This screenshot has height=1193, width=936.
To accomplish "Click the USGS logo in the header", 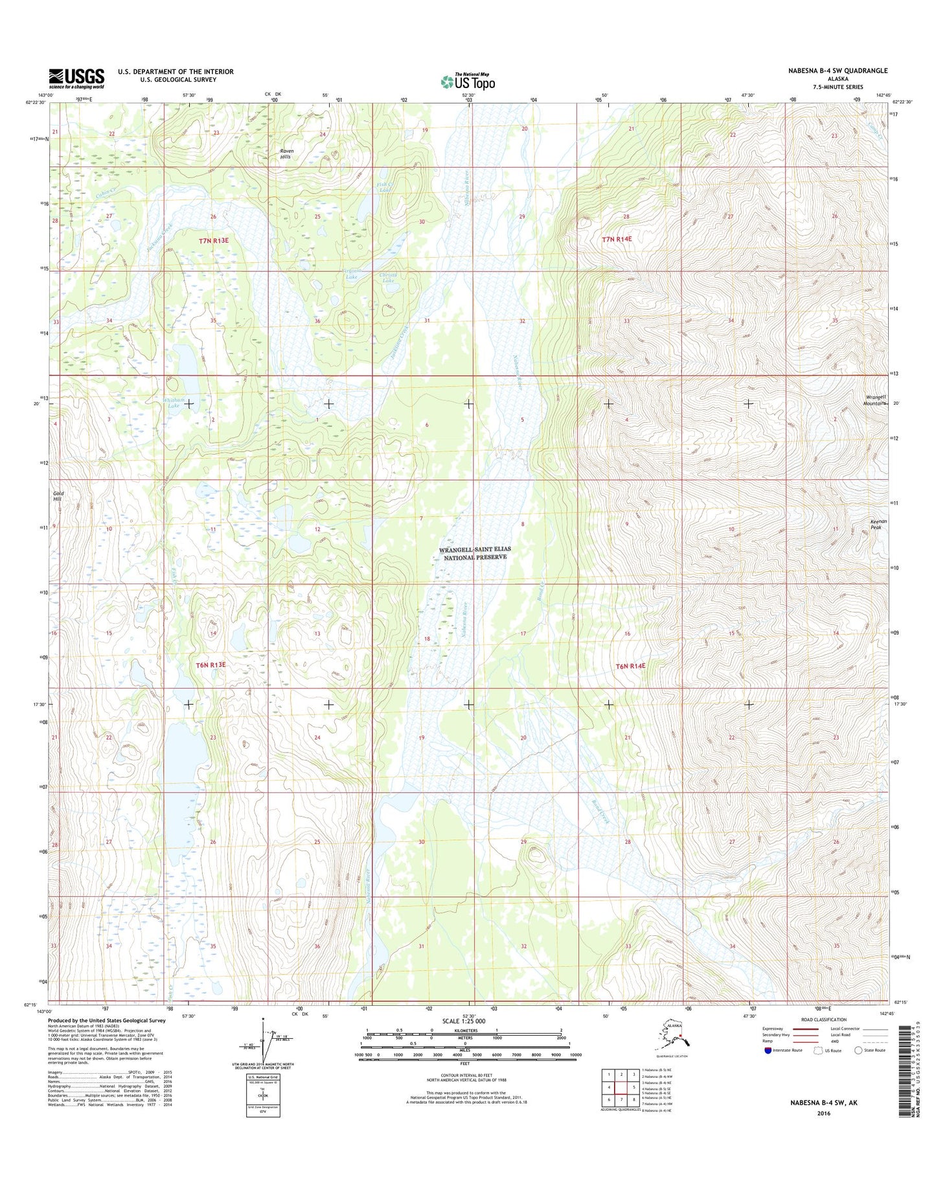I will coord(76,78).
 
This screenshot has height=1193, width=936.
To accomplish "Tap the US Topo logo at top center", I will coord(468,81).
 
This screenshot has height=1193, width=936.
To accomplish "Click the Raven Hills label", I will coord(286,154).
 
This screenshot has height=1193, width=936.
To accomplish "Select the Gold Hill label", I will coord(59,496).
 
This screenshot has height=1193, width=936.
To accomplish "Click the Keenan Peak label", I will coord(876,525).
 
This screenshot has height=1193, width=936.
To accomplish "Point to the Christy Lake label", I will coord(388,278).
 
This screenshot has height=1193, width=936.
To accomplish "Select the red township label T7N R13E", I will coord(214,240).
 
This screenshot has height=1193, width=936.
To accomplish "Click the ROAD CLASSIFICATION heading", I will coord(824,1019).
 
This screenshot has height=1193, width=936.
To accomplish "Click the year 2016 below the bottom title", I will coord(823,1113).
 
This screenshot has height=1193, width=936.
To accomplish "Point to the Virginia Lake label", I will coord(350,274).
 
